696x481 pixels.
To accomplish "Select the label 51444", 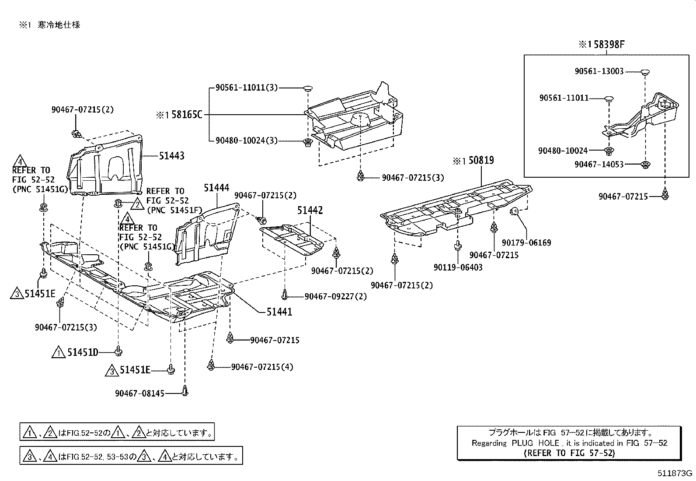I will (216, 188).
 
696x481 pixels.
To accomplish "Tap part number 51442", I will (310, 211).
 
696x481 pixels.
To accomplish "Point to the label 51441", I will (279, 312).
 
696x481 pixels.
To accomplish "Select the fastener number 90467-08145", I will (140, 393).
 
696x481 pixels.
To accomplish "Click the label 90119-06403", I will (458, 267).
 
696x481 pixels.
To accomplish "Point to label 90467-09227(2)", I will (335, 296).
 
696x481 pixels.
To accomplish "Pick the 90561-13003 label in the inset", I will (599, 71).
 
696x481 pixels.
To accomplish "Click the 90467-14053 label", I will (599, 164).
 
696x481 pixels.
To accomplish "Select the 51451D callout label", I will (83, 352).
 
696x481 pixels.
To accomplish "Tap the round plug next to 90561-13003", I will (645, 71).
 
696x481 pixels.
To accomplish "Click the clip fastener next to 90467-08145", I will (185, 390).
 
